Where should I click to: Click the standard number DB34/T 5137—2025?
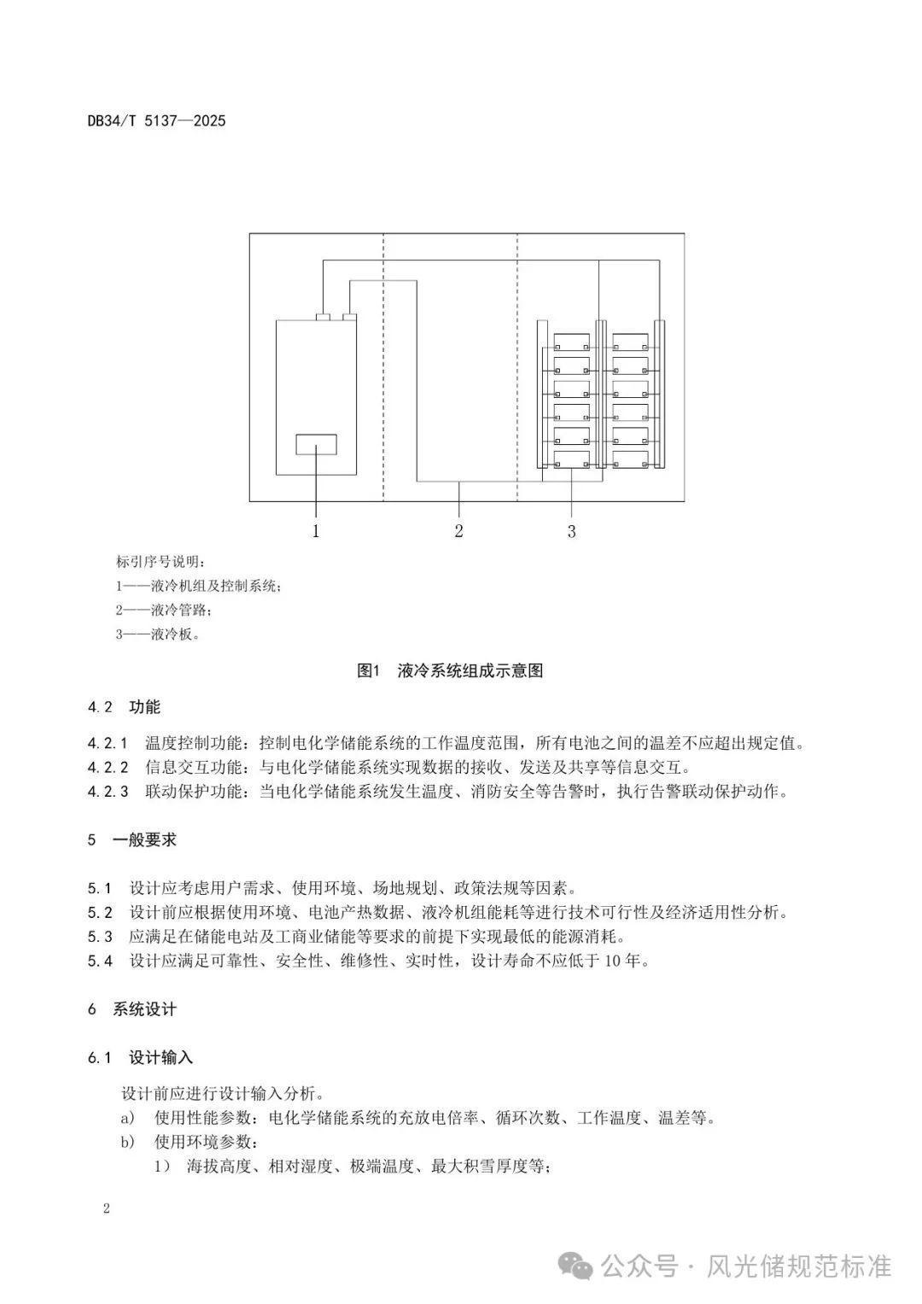click(156, 120)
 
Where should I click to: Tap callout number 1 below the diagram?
click(316, 531)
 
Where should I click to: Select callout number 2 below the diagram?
click(458, 531)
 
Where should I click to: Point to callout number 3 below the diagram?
click(571, 531)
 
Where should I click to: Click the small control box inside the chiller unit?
click(316, 444)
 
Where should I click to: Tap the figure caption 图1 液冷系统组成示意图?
click(450, 670)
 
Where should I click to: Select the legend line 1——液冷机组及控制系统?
click(198, 586)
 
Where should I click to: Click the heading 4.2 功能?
click(124, 707)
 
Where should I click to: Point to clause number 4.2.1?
click(108, 743)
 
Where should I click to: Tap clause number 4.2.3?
click(108, 791)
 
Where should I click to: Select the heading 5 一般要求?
click(132, 839)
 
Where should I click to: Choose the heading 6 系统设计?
click(132, 1009)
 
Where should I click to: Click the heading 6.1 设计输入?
click(140, 1057)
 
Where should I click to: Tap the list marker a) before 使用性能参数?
click(127, 1118)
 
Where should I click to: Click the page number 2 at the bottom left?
click(106, 1208)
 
